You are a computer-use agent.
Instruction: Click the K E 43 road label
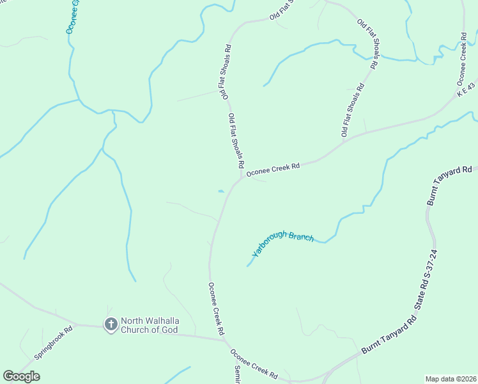pos(467,89)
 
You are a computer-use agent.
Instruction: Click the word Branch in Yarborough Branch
pos(302,236)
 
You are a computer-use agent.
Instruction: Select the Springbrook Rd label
pos(54,342)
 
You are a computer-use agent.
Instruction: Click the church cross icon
pos(111,324)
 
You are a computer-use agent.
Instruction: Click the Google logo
pos(21,376)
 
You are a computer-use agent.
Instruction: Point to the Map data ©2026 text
pos(451,379)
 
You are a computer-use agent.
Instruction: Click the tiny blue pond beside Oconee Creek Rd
pos(220,191)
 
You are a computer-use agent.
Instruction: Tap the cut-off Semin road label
pos(236,375)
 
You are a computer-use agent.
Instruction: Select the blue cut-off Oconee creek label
pos(72,17)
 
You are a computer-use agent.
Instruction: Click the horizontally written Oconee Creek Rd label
pos(274,168)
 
